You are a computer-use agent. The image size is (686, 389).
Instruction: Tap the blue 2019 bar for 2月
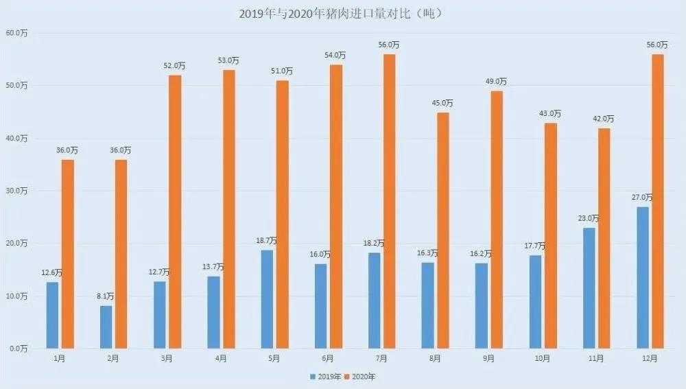106,327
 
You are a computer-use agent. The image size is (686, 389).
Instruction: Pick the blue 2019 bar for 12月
643,277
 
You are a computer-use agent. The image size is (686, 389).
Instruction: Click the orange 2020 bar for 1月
67,254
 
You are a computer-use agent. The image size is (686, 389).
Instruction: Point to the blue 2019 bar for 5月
267,299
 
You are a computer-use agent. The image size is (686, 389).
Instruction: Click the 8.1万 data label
106,296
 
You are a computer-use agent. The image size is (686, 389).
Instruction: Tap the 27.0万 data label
643,198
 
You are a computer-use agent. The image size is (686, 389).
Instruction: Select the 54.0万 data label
335,56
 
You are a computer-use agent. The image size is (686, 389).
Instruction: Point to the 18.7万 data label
267,241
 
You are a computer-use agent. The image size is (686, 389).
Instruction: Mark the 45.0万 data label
442,103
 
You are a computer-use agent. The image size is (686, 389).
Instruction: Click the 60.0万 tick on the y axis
16,33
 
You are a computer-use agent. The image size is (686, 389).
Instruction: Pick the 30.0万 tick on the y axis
16,191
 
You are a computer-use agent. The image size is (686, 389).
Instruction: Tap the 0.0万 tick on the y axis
18,349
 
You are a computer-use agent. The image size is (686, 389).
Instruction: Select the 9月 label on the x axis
489,359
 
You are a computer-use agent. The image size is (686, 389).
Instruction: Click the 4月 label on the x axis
221,359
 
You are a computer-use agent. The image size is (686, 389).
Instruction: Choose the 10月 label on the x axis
543,359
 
